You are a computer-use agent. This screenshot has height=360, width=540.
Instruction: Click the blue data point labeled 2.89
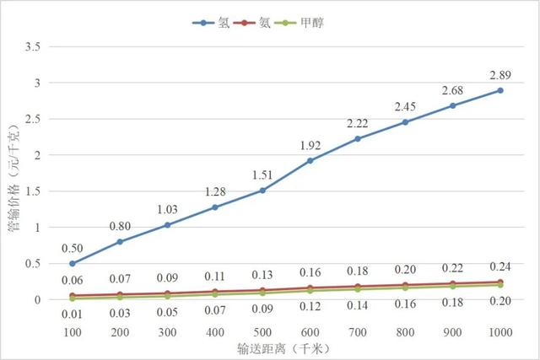tap(500, 90)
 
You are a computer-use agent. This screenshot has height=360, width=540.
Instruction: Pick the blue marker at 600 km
tap(310, 160)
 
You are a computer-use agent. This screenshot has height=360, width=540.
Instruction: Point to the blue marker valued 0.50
tap(72, 263)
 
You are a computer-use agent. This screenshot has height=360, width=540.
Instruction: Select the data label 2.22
tap(357, 125)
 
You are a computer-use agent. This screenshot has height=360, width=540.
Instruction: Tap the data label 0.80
tap(119, 226)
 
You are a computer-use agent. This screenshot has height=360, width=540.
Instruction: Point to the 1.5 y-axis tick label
tap(32, 191)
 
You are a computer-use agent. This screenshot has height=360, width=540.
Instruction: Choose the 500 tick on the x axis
tap(262, 332)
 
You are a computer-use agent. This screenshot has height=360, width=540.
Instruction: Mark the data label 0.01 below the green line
tap(72, 314)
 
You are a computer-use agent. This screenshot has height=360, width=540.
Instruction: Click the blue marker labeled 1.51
tap(262, 190)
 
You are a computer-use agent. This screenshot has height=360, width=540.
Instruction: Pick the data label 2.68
tap(452, 90)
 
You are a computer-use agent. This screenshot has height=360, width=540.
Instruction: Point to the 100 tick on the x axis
tap(72, 332)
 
